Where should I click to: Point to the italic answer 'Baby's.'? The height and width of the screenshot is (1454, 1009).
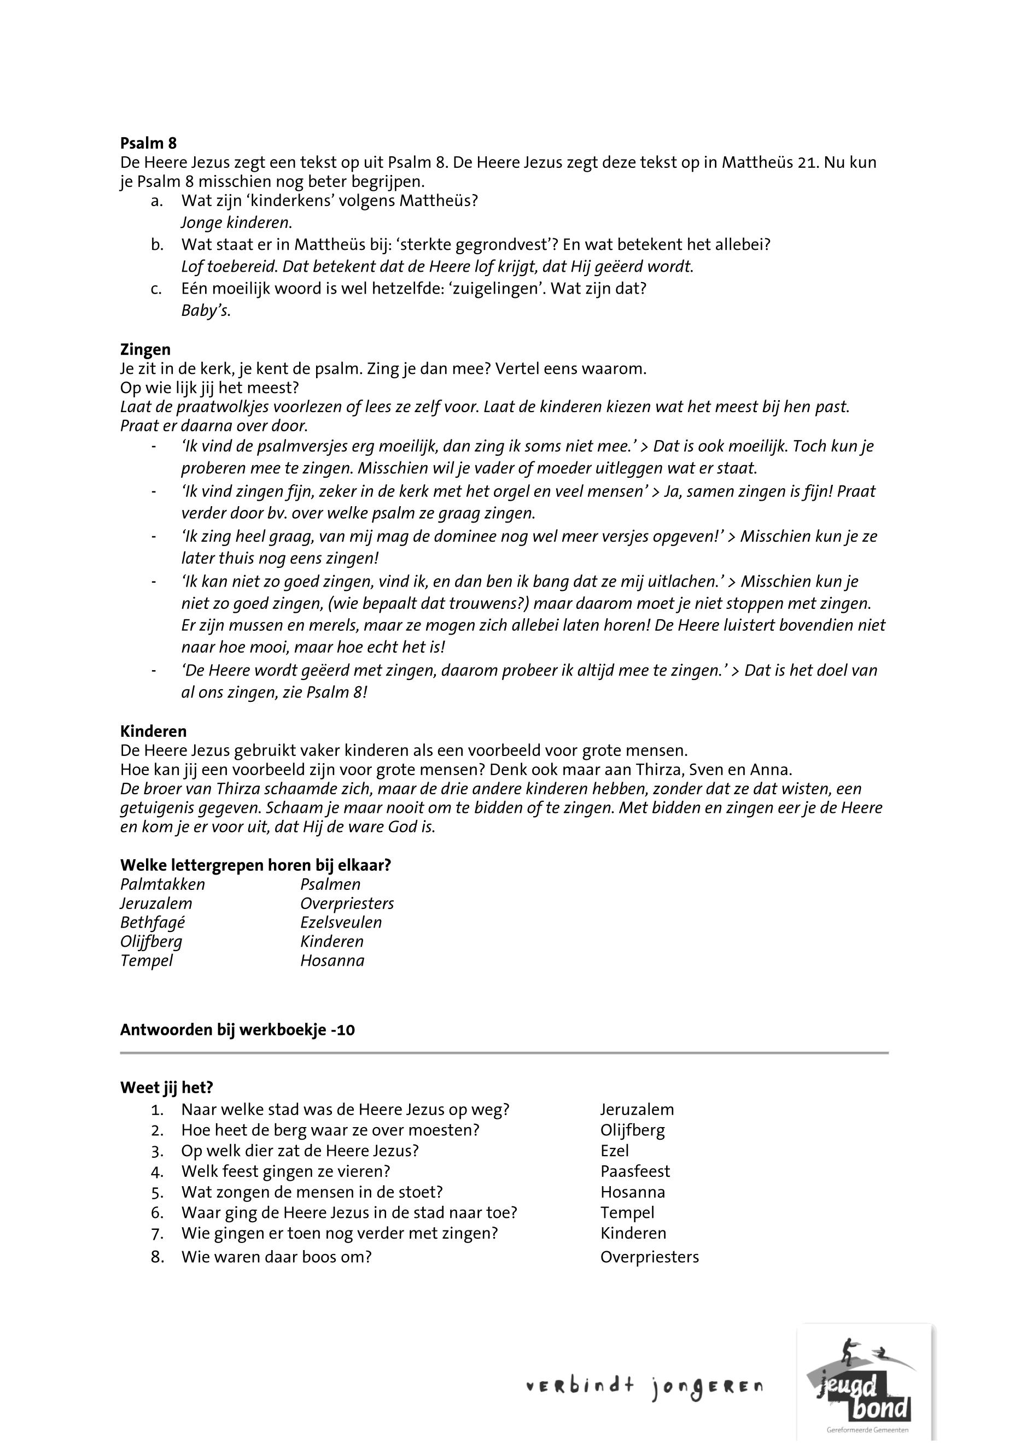tap(206, 311)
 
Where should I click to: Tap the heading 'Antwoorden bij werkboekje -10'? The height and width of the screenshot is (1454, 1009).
tap(237, 1030)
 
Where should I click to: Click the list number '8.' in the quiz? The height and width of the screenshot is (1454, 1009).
tap(158, 1257)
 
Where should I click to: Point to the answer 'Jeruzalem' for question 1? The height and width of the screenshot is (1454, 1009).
tap(637, 1110)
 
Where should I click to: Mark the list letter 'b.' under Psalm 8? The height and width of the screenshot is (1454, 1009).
tap(157, 244)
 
